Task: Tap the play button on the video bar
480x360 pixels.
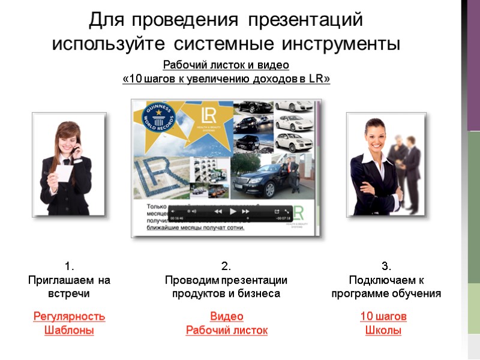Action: point(232,211)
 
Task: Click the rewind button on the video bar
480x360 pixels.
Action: point(218,211)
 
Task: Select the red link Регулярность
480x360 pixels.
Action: point(69,316)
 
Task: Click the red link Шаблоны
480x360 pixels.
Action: point(69,330)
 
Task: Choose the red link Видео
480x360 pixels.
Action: point(226,316)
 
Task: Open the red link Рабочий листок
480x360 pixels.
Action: point(226,330)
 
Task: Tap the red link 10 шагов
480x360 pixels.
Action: point(383,316)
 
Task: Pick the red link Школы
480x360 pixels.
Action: point(383,330)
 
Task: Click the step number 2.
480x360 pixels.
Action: point(226,266)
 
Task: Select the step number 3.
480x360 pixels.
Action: point(386,266)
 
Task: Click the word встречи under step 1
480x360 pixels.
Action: point(69,294)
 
